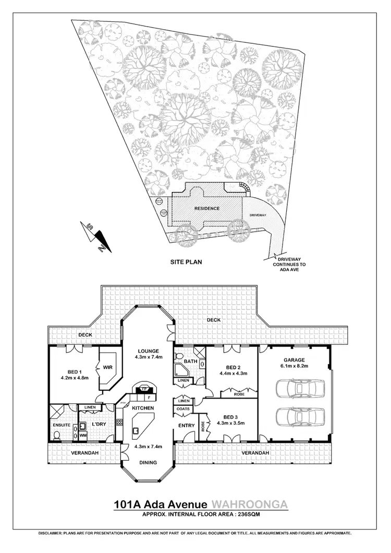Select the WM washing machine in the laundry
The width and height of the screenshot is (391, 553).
coord(83,435)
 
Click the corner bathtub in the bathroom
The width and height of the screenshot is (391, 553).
coord(181,370)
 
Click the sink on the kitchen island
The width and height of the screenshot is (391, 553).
coord(136,431)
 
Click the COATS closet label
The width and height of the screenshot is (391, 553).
coord(183,408)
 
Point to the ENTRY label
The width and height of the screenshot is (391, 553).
coord(186,426)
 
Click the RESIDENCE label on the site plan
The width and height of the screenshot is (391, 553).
coord(207,209)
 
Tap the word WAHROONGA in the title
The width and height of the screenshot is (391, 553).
coord(249,505)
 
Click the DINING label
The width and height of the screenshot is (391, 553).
coord(147,463)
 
